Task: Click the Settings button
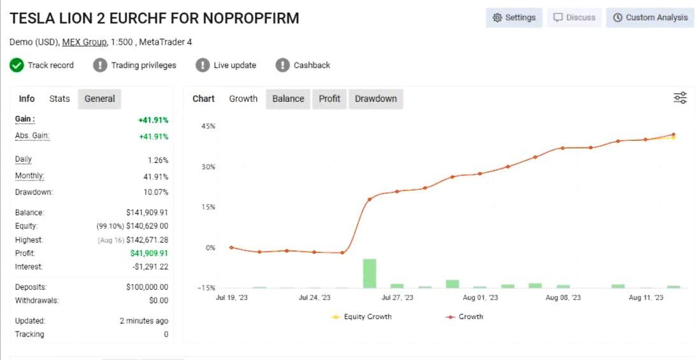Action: pyautogui.click(x=514, y=18)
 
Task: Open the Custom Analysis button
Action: pyautogui.click(x=650, y=18)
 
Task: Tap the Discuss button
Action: pyautogui.click(x=574, y=18)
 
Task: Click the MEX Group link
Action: pyautogui.click(x=84, y=42)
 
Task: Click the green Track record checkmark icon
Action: pyautogui.click(x=17, y=65)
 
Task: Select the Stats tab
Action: pyautogui.click(x=59, y=99)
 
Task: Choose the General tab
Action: pyautogui.click(x=99, y=99)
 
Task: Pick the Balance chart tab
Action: pyautogui.click(x=288, y=99)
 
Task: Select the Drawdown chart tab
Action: pyautogui.click(x=375, y=99)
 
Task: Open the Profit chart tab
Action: pyautogui.click(x=329, y=99)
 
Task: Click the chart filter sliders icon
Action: pyautogui.click(x=680, y=97)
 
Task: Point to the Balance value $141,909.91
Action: pyautogui.click(x=147, y=213)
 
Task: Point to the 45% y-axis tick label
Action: pyautogui.click(x=208, y=126)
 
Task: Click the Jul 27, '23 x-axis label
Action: pyautogui.click(x=397, y=298)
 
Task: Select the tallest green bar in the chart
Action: pyautogui.click(x=370, y=273)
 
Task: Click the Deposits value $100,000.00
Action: pyautogui.click(x=147, y=287)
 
